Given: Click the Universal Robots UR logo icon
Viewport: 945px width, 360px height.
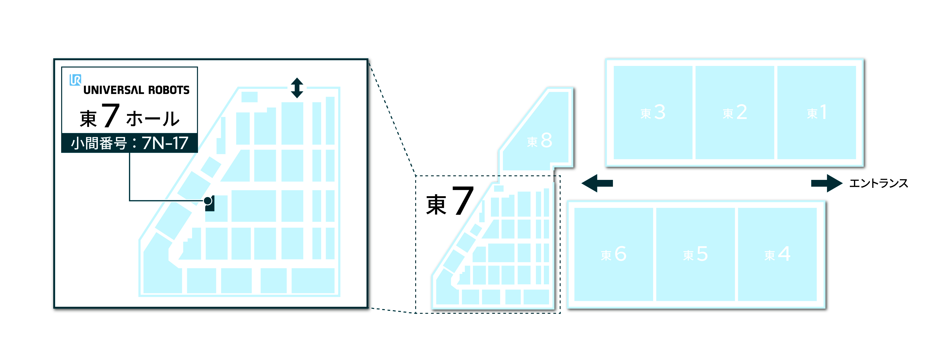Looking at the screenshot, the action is [x=75, y=80].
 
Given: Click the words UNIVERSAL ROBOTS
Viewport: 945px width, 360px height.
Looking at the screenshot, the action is [x=136, y=90].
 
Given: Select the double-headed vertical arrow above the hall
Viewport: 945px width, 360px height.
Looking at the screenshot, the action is [x=297, y=88].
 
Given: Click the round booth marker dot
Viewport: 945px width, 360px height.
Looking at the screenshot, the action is [x=208, y=201].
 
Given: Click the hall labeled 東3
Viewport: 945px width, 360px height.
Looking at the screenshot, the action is [x=653, y=112].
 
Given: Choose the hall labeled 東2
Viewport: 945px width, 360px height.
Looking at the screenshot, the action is [x=735, y=112].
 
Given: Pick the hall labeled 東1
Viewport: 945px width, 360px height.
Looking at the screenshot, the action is [x=817, y=112].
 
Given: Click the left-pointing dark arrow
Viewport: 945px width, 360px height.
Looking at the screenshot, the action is [x=597, y=183].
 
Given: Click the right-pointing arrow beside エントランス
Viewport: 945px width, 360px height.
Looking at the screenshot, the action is [x=827, y=183].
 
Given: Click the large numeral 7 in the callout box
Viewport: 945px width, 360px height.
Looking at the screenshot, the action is [x=110, y=115].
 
